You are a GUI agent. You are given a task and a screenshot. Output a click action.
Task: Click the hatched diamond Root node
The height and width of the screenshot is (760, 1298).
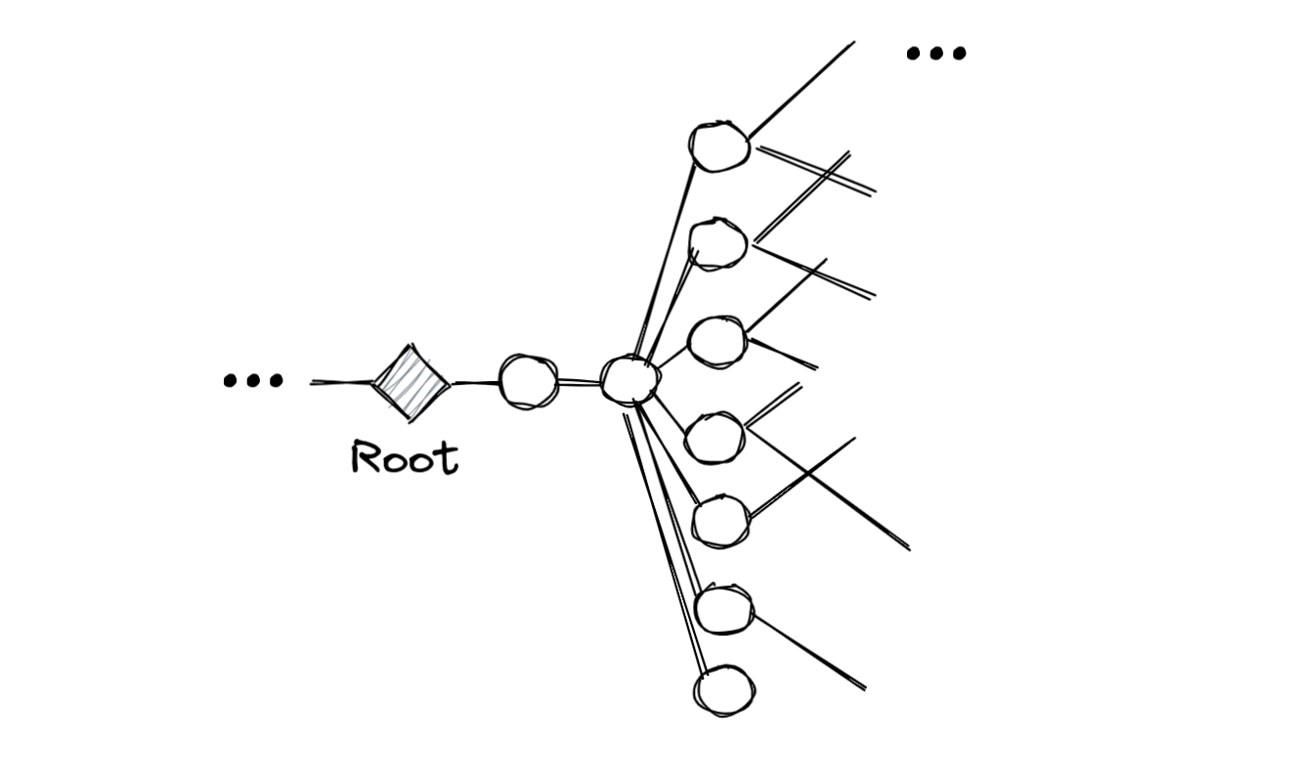click(411, 383)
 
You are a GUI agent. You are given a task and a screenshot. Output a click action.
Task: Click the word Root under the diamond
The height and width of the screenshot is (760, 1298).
click(404, 458)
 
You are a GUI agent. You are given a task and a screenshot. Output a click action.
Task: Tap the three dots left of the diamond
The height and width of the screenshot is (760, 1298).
click(253, 381)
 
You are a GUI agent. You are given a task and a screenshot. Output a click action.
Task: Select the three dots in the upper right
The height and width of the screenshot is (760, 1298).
click(935, 54)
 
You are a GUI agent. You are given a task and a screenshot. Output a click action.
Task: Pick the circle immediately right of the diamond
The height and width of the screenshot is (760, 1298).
click(528, 381)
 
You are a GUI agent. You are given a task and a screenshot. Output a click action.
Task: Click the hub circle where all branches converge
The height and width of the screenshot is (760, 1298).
click(627, 380)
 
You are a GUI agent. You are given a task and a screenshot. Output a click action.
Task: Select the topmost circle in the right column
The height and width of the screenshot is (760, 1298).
click(719, 147)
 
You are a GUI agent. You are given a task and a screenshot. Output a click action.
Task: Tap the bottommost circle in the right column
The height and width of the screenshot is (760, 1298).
click(724, 691)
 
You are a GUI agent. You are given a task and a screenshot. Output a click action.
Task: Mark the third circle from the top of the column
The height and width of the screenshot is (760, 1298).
click(717, 341)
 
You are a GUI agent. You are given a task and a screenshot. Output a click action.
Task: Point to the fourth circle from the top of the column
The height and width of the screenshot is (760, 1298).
click(714, 438)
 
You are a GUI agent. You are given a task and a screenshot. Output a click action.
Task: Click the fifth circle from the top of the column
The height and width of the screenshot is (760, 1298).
click(721, 521)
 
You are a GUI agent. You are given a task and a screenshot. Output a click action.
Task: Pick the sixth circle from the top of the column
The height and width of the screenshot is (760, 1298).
click(724, 609)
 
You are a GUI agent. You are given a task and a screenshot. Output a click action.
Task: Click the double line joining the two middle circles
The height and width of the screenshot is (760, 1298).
click(579, 382)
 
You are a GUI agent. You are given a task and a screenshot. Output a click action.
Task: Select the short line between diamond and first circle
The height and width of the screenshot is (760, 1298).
click(475, 382)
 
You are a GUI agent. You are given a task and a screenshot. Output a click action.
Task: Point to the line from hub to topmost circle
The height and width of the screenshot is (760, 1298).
click(665, 264)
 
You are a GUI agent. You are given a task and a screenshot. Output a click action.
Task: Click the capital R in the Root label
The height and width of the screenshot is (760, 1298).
click(365, 458)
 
